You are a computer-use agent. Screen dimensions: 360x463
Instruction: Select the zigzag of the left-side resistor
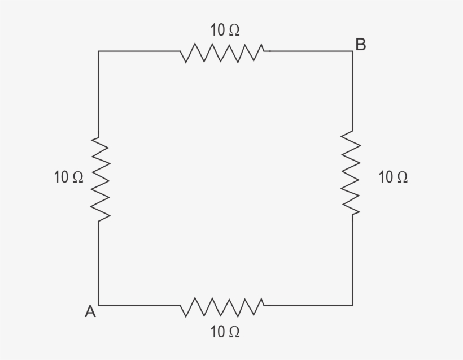[99, 176]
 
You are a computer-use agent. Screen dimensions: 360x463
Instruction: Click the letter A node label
[90, 311]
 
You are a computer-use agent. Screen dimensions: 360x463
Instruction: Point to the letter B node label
[361, 44]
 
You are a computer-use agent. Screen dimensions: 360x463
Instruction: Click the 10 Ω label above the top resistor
[225, 31]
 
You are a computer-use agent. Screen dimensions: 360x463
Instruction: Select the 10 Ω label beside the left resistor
[68, 177]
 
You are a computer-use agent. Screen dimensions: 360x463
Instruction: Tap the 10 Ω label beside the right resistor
[393, 177]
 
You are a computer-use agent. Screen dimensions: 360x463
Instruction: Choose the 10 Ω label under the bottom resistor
[225, 332]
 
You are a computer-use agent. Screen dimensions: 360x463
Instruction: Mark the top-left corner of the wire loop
[99, 51]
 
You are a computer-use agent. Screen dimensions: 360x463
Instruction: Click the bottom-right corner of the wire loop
[353, 305]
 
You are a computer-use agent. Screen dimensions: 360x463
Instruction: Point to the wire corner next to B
[353, 51]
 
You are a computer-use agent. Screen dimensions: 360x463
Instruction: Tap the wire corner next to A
[99, 305]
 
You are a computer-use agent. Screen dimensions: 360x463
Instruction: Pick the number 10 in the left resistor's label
[61, 177]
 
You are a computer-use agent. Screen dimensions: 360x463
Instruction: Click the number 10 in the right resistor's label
[386, 177]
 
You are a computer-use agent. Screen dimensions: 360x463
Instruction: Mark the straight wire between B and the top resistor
[311, 51]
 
